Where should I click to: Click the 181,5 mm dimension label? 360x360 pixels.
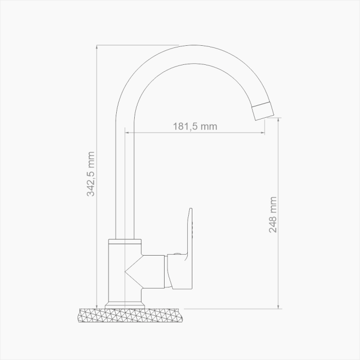pos(195,127)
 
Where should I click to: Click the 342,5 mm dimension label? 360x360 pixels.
pos(91,174)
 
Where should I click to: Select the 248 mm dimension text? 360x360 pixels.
pos(273,214)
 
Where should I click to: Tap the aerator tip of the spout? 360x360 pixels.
pos(263,111)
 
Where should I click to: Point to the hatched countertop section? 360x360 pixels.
pos(131,315)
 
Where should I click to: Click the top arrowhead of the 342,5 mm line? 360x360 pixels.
pos(97,47)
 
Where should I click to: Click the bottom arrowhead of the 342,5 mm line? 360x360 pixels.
pos(97,307)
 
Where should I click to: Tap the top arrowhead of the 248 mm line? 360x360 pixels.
pos(278,120)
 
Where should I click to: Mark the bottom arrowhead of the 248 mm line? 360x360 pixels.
pos(278,307)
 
